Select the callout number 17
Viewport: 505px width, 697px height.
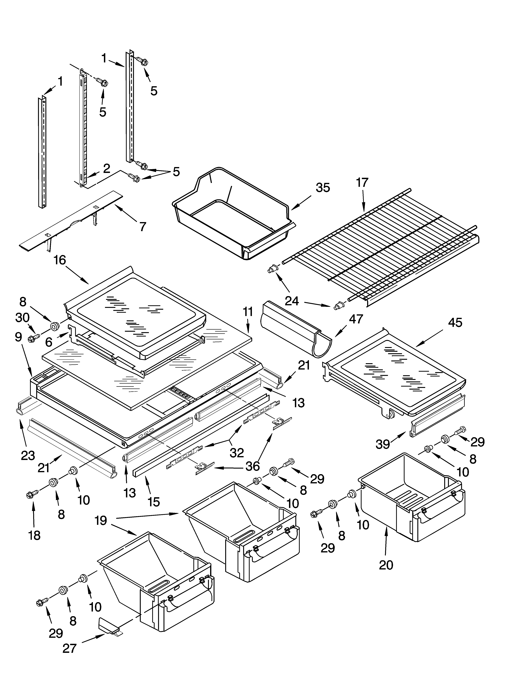pos(362,183)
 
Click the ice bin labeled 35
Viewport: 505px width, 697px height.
pos(234,212)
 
